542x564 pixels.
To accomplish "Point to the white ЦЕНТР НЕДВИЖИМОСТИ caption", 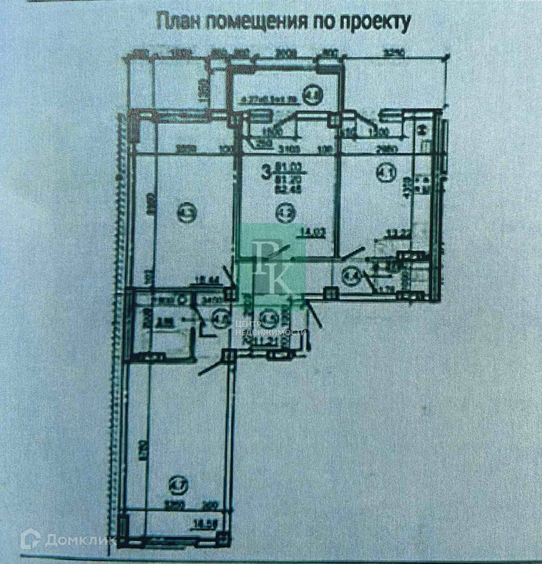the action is coord(270,328).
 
